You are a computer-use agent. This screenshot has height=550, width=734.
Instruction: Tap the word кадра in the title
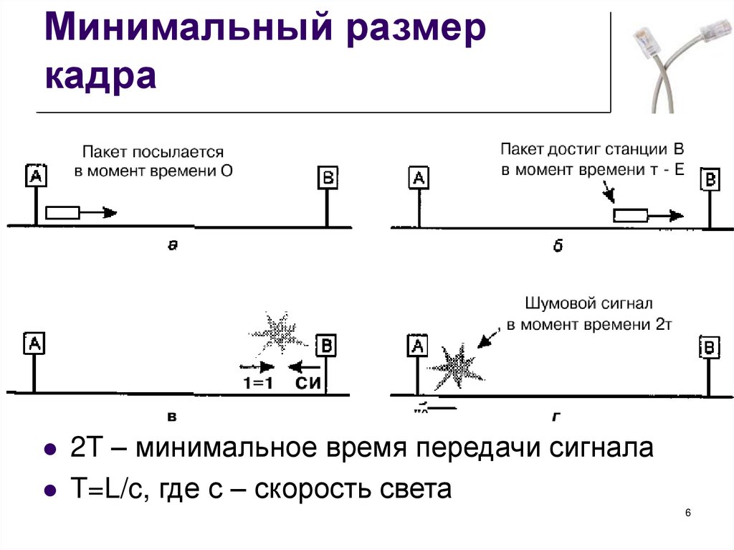point(100,75)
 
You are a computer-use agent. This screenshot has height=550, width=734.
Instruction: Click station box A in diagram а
point(35,176)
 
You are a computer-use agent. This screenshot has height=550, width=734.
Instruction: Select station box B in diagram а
point(328,177)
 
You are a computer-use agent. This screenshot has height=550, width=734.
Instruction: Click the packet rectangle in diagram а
point(62,212)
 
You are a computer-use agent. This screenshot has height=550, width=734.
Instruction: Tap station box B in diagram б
point(710,179)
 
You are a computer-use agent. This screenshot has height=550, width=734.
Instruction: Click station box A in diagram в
point(33,343)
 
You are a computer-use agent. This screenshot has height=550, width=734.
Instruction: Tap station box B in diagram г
point(708,348)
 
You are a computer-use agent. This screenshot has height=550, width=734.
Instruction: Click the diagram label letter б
point(558,246)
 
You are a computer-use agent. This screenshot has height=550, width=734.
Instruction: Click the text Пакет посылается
point(153,152)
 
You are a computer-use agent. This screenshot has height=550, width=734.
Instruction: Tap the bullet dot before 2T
point(50,451)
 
